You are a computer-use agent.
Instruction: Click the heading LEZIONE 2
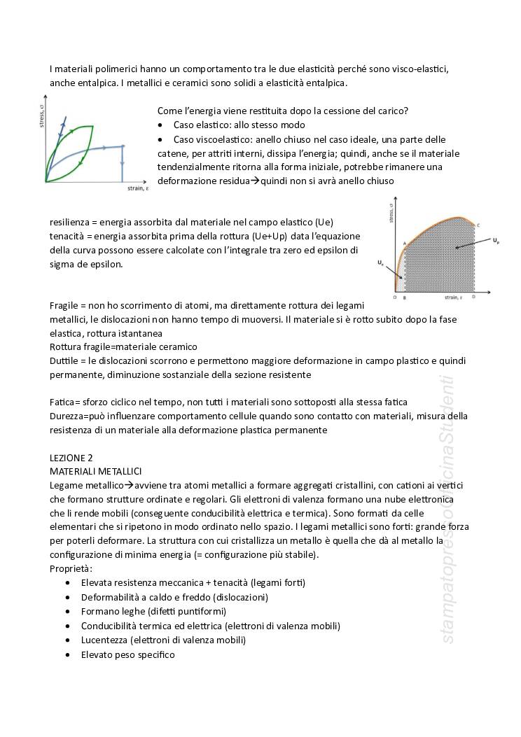[x=71, y=457]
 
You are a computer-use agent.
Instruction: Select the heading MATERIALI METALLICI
[x=95, y=471]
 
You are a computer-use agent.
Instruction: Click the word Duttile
[x=64, y=360]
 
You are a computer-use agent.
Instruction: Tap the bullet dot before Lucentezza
[x=67, y=640]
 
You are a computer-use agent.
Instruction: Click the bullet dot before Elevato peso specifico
[x=67, y=654]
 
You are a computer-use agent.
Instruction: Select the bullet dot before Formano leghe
[x=67, y=611]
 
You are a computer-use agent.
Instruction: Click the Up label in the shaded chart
[x=496, y=240]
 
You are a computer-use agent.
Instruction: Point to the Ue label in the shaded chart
[x=381, y=262]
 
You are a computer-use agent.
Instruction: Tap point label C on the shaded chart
[x=478, y=225]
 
